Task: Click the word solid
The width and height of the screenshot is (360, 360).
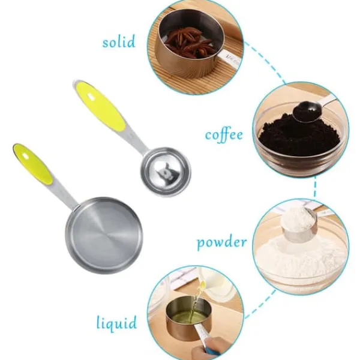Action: coord(119,42)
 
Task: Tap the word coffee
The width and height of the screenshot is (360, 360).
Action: coord(224,135)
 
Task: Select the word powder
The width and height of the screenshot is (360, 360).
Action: coord(222,242)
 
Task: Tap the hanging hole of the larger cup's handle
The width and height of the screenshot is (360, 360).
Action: coord(25,157)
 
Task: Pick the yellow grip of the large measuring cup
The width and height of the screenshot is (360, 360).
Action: coord(33,163)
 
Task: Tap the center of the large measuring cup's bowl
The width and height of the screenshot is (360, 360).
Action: coord(104,236)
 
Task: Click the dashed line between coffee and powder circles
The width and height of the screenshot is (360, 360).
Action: coord(315,187)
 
